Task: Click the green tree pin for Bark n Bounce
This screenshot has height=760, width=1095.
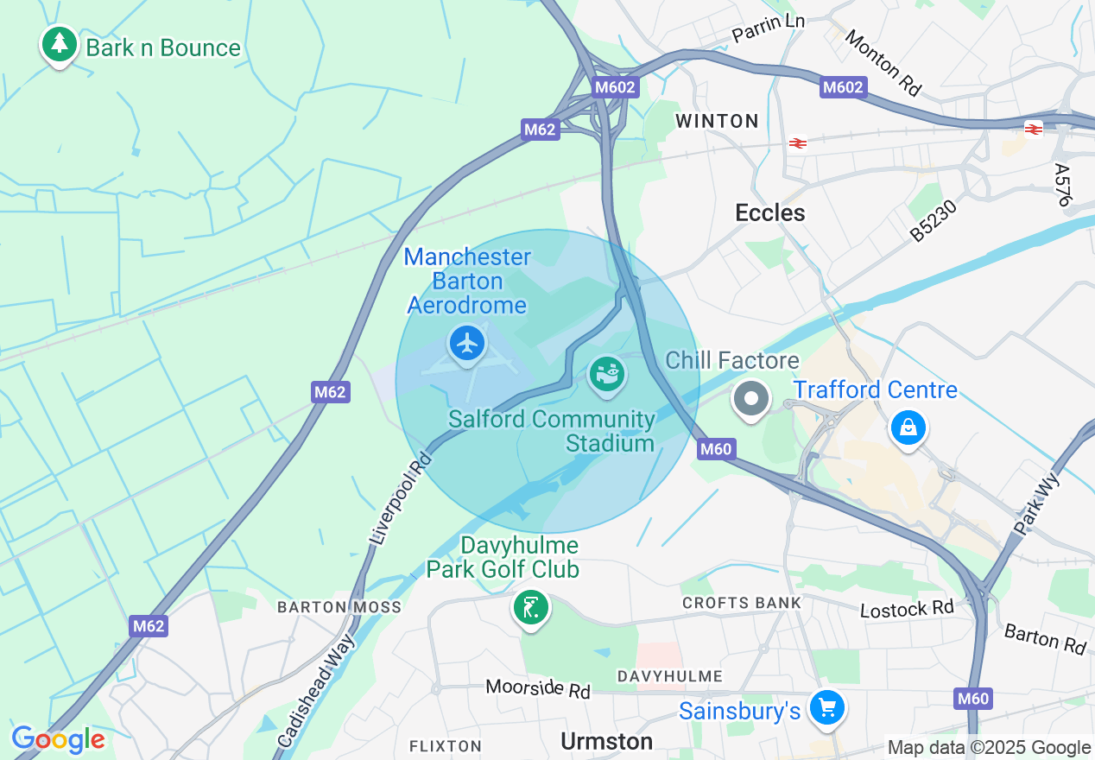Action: pyautogui.click(x=59, y=43)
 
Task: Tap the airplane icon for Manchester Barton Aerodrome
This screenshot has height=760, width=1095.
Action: pyautogui.click(x=467, y=344)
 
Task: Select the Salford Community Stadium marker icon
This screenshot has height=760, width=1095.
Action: pyautogui.click(x=607, y=376)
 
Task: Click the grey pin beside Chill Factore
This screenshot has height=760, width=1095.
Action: pyautogui.click(x=750, y=399)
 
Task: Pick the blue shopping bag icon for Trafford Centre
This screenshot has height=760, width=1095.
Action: pyautogui.click(x=908, y=427)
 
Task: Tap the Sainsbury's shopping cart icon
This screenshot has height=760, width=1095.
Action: pyautogui.click(x=826, y=708)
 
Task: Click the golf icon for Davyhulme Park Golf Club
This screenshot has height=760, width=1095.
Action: pyautogui.click(x=530, y=608)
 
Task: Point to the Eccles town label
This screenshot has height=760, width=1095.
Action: pyautogui.click(x=769, y=212)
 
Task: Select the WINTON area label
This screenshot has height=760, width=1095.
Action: pyautogui.click(x=717, y=121)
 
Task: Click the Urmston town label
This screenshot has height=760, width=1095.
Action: pyautogui.click(x=606, y=741)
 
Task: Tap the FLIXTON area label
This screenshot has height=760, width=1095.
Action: pyautogui.click(x=445, y=745)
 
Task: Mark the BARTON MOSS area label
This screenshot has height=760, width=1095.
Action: pyautogui.click(x=339, y=607)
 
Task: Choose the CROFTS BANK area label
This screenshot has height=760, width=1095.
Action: pyautogui.click(x=741, y=602)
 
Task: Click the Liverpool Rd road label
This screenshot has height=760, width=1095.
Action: pyautogui.click(x=400, y=498)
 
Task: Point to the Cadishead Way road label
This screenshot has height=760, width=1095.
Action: pyautogui.click(x=316, y=691)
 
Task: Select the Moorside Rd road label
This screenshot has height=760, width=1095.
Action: pyautogui.click(x=537, y=688)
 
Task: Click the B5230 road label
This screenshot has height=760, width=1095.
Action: pyautogui.click(x=934, y=221)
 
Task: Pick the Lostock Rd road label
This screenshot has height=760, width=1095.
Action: pyautogui.click(x=907, y=609)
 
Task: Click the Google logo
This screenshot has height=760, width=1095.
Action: pyautogui.click(x=58, y=739)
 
